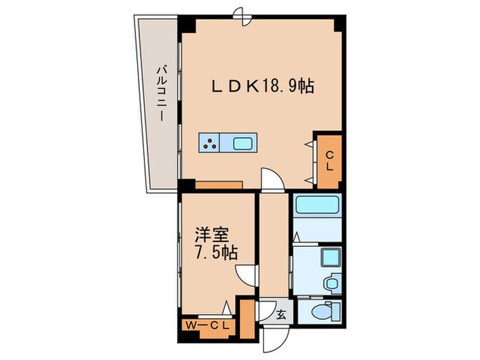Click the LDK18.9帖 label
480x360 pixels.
tap(263, 87)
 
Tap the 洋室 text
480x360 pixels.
tap(210, 234)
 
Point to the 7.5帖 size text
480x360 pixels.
tap(214, 252)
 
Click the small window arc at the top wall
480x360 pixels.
tap(239, 12)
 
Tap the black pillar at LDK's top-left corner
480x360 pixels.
tap(187, 23)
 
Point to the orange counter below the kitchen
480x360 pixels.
tap(218, 183)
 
